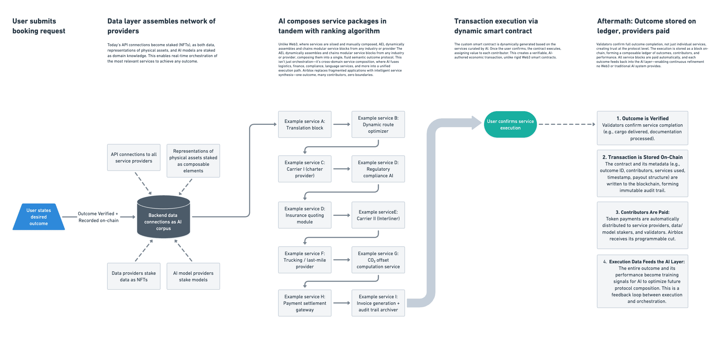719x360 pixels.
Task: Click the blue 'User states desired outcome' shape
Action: click(39, 217)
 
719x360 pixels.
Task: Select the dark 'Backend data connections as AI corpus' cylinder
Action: click(164, 217)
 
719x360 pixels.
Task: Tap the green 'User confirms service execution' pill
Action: click(510, 125)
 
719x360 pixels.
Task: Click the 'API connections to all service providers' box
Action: click(134, 157)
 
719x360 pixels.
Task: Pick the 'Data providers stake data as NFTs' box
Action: click(134, 276)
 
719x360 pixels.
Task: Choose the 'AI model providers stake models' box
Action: click(193, 276)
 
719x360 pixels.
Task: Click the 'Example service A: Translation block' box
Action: click(305, 125)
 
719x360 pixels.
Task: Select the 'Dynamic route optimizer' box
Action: click(378, 125)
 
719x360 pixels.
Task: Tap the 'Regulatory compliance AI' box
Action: click(378, 169)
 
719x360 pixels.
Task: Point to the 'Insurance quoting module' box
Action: click(305, 215)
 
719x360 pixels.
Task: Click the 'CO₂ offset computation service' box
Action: click(378, 260)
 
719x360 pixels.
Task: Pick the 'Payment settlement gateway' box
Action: click(305, 303)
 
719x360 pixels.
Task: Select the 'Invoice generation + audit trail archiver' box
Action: click(378, 303)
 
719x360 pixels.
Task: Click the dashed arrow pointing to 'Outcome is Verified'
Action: click(567, 124)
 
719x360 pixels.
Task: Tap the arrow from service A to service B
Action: click(342, 124)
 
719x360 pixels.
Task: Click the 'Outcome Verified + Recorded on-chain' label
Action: click(98, 217)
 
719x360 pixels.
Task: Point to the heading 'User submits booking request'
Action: click(39, 26)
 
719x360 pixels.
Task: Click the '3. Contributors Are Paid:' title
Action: click(643, 212)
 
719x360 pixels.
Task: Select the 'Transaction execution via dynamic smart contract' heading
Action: click(496, 26)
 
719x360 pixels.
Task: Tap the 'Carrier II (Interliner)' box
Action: click(378, 215)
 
